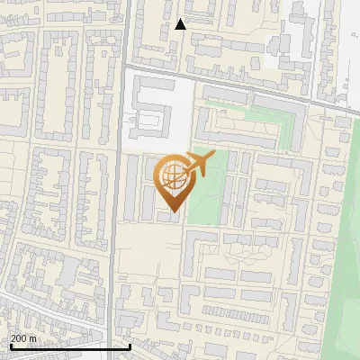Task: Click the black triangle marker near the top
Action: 181,24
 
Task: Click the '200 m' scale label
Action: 24,338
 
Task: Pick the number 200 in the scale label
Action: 20,338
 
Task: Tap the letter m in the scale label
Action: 33,338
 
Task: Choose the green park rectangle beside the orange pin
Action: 205,193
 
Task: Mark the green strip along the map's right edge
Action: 346,270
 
